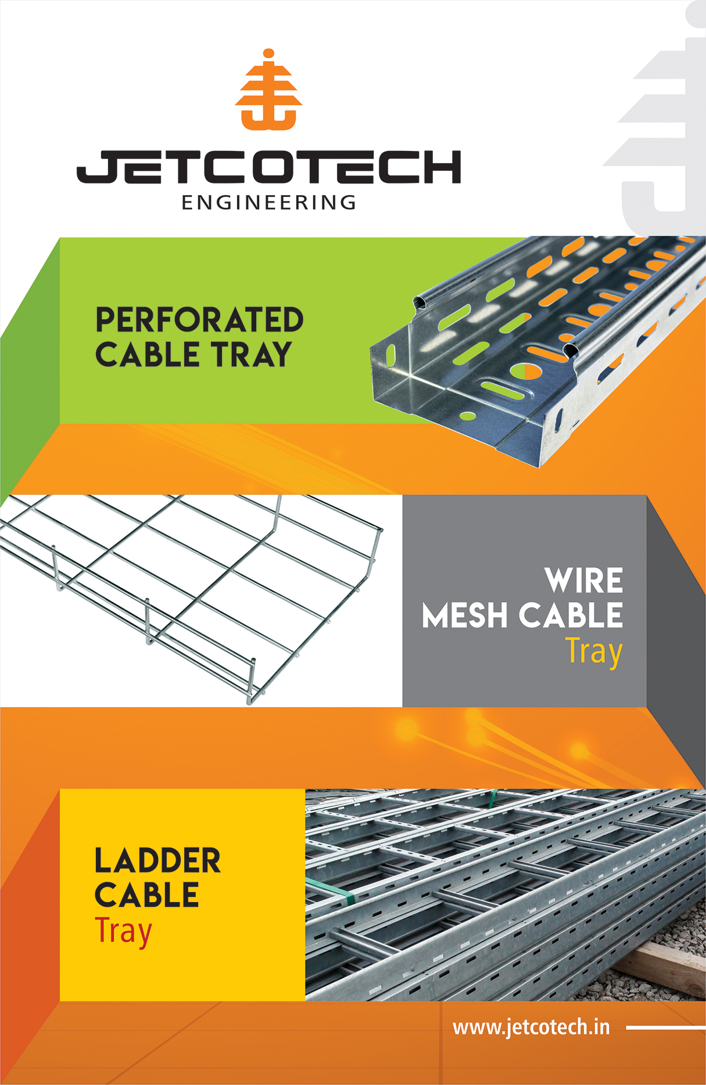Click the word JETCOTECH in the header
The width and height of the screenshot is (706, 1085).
[268, 167]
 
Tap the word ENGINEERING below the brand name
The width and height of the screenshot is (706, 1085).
[268, 203]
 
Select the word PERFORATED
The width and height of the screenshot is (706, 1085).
[199, 320]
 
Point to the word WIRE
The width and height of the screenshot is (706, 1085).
[583, 581]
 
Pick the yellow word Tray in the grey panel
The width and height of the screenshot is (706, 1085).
[594, 651]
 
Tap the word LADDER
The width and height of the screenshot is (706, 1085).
[157, 860]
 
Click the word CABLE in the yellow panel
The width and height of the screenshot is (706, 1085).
[146, 895]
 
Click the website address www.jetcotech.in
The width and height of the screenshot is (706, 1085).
[531, 1027]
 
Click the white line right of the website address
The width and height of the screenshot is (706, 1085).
[665, 1027]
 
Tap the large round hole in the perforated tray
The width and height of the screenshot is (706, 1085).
[524, 371]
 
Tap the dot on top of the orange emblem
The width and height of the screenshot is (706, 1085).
[268, 54]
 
